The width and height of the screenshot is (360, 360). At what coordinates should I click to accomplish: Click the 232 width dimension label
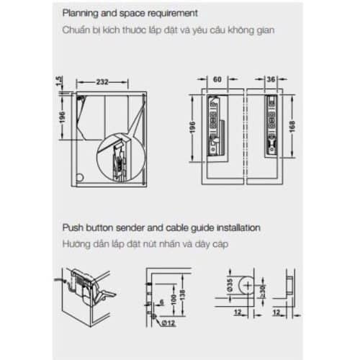click(x=104, y=81)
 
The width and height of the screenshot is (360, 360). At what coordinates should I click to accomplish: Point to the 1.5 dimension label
click(x=60, y=86)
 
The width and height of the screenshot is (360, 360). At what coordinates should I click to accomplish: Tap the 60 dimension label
click(x=216, y=81)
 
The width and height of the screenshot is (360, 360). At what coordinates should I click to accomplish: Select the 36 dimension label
click(x=271, y=81)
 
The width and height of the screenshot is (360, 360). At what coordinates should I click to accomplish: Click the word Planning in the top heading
click(x=81, y=14)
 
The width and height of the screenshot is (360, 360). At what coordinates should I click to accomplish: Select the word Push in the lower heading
click(x=73, y=228)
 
